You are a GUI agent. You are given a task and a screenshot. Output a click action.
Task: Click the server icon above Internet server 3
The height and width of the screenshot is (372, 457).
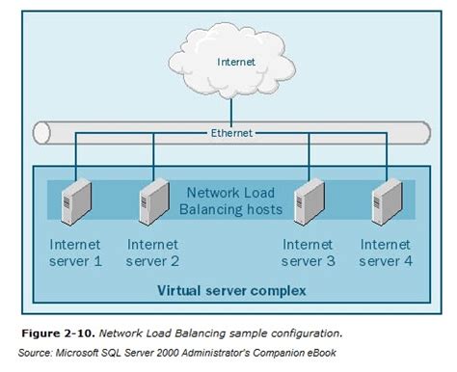(x=308, y=200)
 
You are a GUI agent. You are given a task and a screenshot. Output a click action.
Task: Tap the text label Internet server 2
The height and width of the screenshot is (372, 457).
(x=152, y=252)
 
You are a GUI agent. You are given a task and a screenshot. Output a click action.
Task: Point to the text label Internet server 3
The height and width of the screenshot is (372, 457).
(x=308, y=252)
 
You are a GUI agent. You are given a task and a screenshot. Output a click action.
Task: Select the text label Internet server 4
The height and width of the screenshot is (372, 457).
(x=386, y=252)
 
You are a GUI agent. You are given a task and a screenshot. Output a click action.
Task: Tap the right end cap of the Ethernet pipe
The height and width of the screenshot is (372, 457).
(x=425, y=133)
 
